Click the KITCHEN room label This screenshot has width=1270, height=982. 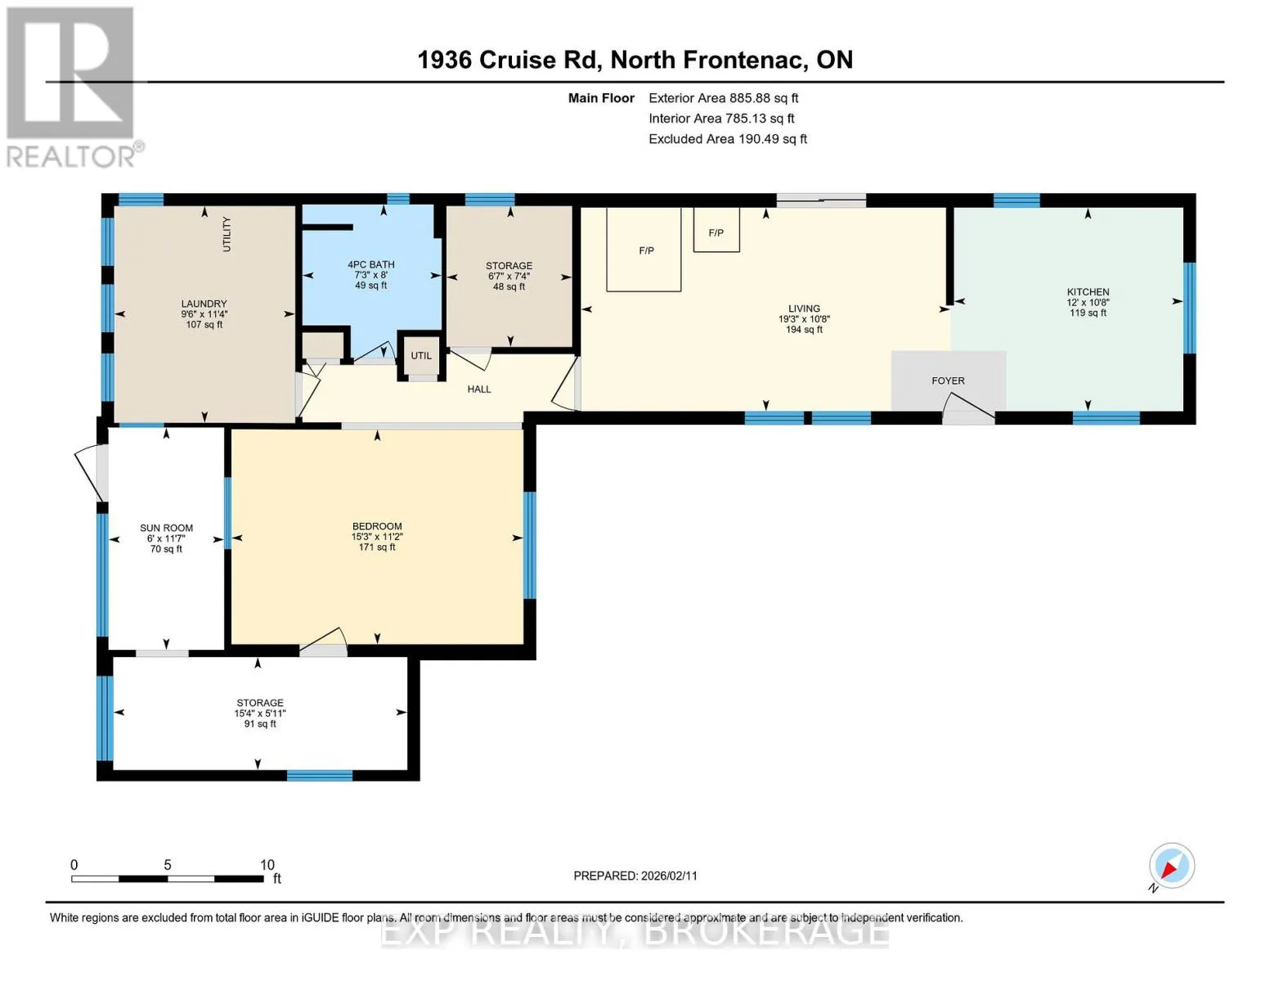click(x=1087, y=292)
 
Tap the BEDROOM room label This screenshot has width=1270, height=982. click(x=377, y=526)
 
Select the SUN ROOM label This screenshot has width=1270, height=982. click(x=166, y=528)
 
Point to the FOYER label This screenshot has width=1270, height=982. click(x=947, y=381)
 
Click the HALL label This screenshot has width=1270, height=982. click(x=478, y=389)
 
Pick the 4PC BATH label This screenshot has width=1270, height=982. click(x=370, y=264)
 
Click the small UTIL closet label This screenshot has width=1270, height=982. click(x=421, y=356)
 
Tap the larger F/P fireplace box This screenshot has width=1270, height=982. click(x=644, y=250)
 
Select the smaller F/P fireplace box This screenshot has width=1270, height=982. click(x=716, y=230)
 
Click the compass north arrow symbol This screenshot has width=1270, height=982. click(x=1171, y=867)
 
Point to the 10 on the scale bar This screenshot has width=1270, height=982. click(x=267, y=865)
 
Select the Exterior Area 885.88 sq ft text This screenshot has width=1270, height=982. click(x=723, y=98)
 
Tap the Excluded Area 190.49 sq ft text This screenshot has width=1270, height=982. click(x=728, y=139)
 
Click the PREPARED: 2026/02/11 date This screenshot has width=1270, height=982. click(x=635, y=876)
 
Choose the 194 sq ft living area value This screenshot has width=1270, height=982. click(x=804, y=330)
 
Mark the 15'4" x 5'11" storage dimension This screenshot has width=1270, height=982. click(x=260, y=714)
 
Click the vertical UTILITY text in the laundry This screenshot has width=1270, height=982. click(x=227, y=234)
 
